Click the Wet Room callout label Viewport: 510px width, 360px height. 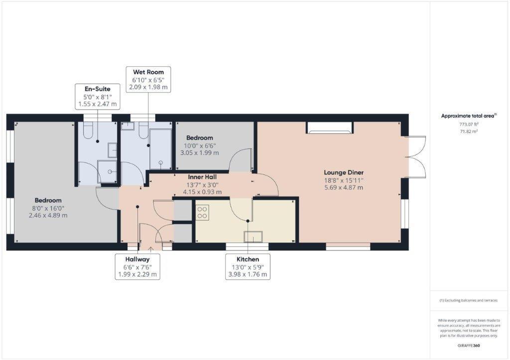[148, 80]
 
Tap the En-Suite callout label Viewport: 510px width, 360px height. [97, 97]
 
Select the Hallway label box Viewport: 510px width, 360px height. [137, 266]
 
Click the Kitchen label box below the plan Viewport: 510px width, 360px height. [248, 266]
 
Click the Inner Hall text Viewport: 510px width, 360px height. [202, 177]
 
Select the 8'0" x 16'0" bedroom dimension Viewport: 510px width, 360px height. [48, 208]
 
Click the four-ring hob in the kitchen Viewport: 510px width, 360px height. [202, 213]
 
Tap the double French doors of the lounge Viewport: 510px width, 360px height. [416, 157]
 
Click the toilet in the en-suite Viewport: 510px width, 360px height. [88, 131]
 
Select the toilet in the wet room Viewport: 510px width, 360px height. [143, 130]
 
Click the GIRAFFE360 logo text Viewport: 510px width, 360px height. [469, 345]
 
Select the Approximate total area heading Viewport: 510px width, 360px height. [468, 116]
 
